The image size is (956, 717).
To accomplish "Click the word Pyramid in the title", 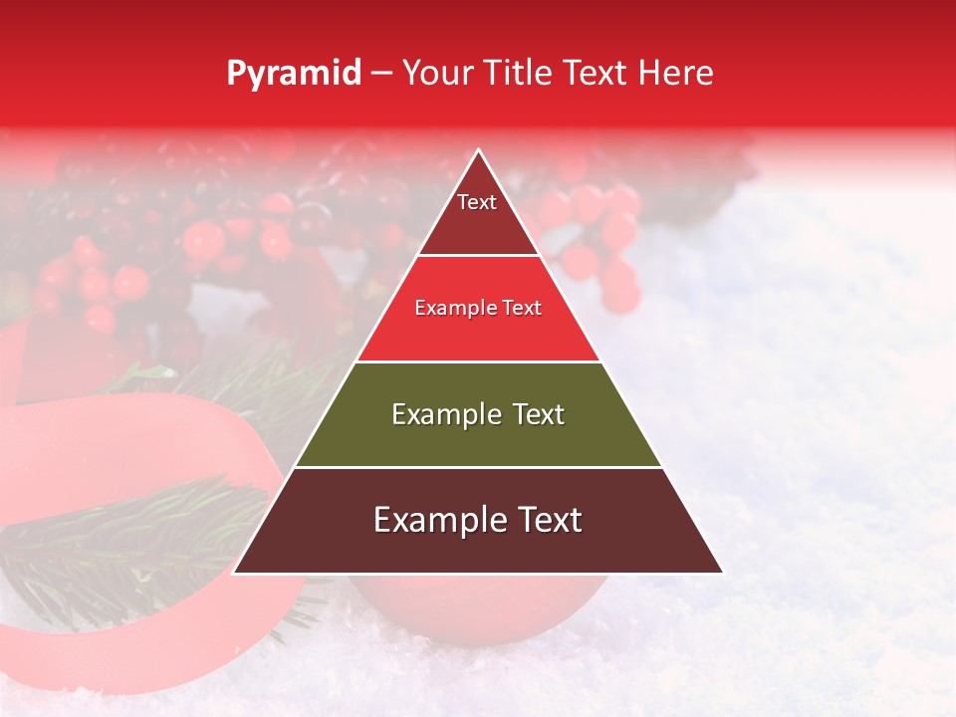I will point(294,74).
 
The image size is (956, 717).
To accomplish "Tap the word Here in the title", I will point(676,74).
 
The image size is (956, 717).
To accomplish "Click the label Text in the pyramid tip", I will point(477,202).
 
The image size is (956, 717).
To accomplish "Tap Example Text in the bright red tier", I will point(478,308).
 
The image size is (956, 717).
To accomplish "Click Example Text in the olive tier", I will point(478,414).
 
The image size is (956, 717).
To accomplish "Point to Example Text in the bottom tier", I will point(478,520).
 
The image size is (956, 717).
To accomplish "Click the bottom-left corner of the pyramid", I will point(234,573).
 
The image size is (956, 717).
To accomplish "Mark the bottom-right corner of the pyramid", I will point(722,573).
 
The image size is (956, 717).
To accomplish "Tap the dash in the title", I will point(380,74).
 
